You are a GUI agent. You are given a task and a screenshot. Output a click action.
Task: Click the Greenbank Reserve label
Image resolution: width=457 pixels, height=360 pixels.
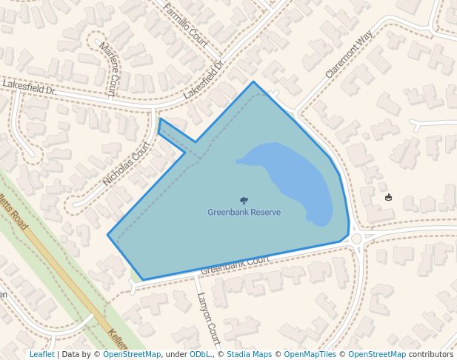pyautogui.click(x=244, y=213)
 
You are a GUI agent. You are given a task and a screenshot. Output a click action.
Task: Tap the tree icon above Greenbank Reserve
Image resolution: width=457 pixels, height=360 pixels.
pyautogui.click(x=244, y=200)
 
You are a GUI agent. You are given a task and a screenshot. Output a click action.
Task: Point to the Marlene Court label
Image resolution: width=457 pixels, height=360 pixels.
pyautogui.click(x=107, y=68)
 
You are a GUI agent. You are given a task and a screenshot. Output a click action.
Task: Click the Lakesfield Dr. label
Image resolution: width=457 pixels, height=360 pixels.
pyautogui.click(x=29, y=87)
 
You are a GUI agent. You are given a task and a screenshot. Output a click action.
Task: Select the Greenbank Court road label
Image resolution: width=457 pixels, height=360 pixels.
pyautogui.click(x=235, y=264)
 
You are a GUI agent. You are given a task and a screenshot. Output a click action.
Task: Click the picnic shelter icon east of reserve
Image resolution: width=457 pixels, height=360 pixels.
pyautogui.click(x=389, y=197)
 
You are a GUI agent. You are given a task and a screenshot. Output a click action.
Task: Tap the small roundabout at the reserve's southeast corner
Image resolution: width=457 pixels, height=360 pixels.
pyautogui.click(x=357, y=239)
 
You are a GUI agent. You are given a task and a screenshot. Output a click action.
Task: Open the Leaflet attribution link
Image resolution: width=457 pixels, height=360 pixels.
pyautogui.click(x=41, y=354)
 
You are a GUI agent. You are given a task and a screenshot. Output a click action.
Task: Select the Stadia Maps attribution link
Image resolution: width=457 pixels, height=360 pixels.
pyautogui.click(x=249, y=354)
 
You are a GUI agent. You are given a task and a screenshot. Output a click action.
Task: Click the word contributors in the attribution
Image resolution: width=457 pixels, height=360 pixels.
pyautogui.click(x=431, y=354)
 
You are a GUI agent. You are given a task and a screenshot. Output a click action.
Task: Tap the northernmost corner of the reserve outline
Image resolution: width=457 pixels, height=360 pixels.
pyautogui.click(x=253, y=81)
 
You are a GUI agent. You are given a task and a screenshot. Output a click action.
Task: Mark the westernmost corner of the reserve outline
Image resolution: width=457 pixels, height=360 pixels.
pyautogui.click(x=108, y=236)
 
